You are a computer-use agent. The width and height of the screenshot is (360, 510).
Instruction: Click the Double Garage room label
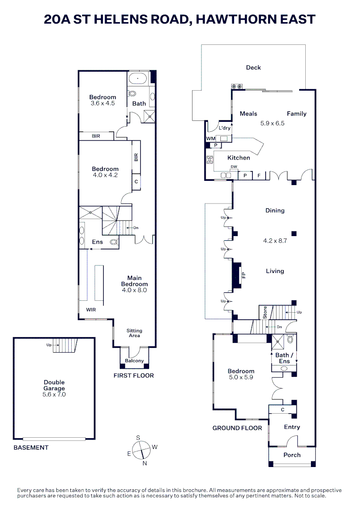(54, 385)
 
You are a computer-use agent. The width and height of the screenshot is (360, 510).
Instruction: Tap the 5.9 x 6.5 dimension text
(272, 123)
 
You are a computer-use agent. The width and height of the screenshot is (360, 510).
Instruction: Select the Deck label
(253, 68)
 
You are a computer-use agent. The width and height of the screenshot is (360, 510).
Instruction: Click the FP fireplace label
(244, 275)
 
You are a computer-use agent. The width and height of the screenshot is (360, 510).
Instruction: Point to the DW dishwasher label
(234, 167)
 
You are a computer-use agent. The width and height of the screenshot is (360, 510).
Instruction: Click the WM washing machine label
(211, 138)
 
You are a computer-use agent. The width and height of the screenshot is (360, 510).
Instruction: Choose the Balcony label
(134, 361)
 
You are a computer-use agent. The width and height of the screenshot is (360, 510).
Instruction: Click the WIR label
(91, 310)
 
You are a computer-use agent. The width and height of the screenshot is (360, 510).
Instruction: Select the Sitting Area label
(134, 333)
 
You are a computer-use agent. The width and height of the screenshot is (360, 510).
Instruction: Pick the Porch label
(292, 455)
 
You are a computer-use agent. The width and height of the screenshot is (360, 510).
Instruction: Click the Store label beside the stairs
(265, 312)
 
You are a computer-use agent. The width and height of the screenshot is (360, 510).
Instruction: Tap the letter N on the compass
(145, 463)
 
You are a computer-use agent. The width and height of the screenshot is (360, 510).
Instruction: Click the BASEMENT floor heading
(31, 448)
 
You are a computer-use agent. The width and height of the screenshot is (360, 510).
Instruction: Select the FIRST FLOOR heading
(134, 375)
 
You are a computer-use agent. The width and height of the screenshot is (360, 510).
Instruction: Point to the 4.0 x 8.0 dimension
(134, 290)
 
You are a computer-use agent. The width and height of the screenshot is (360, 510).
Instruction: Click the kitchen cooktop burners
(210, 160)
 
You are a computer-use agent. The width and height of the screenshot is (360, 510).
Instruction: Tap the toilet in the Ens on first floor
(114, 242)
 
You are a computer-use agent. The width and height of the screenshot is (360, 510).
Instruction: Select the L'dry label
(225, 128)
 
